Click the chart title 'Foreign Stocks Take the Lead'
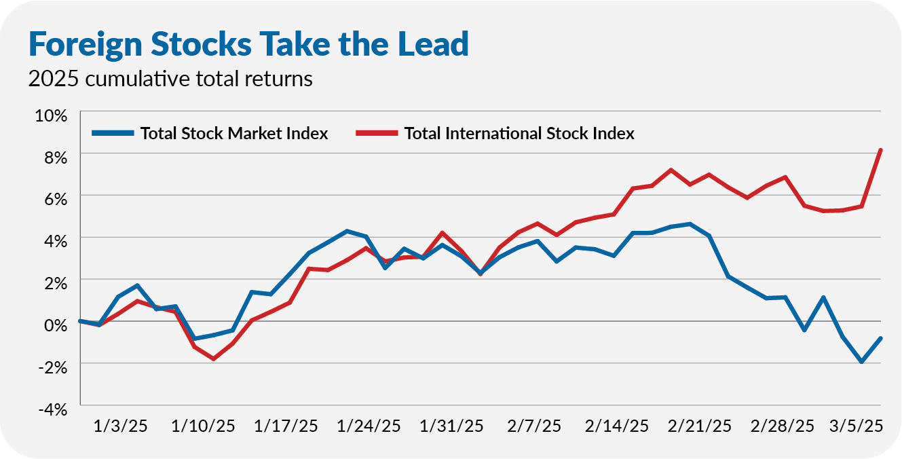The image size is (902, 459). (248, 43)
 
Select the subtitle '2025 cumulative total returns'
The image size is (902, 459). (170, 79)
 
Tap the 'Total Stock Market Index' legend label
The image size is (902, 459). (234, 133)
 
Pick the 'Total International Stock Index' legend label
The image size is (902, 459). (519, 133)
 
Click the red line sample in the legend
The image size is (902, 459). (377, 133)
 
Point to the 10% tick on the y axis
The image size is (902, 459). (51, 115)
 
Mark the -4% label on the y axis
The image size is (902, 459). (52, 409)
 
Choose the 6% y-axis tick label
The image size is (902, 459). (55, 199)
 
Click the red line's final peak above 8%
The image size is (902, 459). (880, 150)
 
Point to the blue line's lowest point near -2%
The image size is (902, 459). (862, 362)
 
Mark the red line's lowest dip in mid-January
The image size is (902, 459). (214, 359)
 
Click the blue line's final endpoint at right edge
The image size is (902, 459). (880, 338)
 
